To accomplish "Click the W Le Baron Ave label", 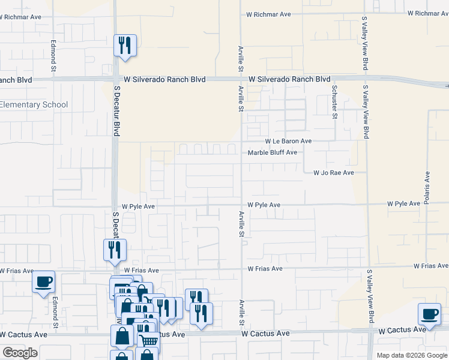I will [280, 141].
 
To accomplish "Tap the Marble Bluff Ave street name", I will [273, 152].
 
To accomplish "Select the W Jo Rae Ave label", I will [334, 173].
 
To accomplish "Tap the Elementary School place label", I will [34, 104].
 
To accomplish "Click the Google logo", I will [20, 353].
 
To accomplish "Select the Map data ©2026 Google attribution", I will [412, 355].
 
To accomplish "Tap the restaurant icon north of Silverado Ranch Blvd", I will [125, 45].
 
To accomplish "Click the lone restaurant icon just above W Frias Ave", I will [115, 250].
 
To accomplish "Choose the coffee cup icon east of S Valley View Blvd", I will [430, 314].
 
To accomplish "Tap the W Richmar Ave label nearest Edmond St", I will [20, 17].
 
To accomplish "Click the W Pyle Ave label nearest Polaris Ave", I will [403, 204].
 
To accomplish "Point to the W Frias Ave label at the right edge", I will [430, 266].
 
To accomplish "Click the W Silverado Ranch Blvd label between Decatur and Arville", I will [164, 80].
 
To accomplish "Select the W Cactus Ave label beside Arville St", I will [265, 333].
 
